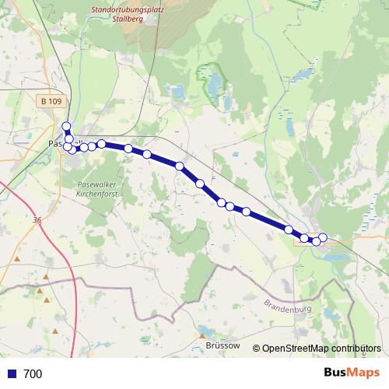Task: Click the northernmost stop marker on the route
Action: point(66,127)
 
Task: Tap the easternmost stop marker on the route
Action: point(322,237)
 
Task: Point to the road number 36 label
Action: point(37,220)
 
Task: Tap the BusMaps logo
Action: point(351,373)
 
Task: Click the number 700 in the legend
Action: point(33,374)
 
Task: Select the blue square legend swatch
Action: point(11,374)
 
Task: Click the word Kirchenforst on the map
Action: point(96,192)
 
